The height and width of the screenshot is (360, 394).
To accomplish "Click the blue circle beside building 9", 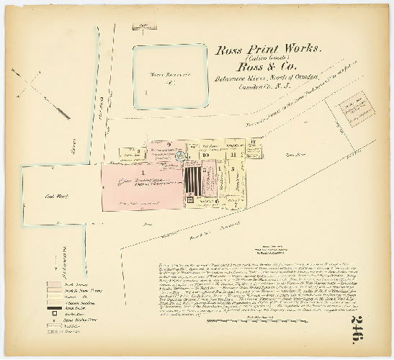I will tap(182, 153).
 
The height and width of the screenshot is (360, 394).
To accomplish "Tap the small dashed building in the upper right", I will tap(351, 108).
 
